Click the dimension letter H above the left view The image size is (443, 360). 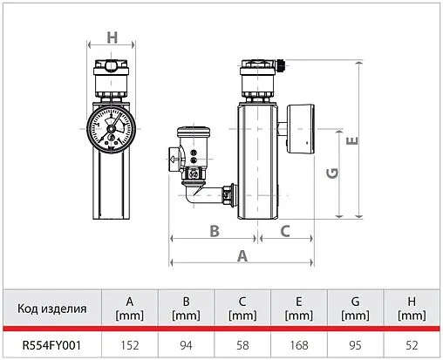112,37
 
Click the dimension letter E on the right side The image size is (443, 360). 352,141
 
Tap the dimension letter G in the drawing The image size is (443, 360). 332,173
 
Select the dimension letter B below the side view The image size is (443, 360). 215,231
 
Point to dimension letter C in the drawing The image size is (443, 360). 285,231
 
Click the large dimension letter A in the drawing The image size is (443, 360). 242,256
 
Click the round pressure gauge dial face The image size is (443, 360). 111,129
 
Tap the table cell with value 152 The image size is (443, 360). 130,345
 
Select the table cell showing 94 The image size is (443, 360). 186,345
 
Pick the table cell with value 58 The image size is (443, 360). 242,345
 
